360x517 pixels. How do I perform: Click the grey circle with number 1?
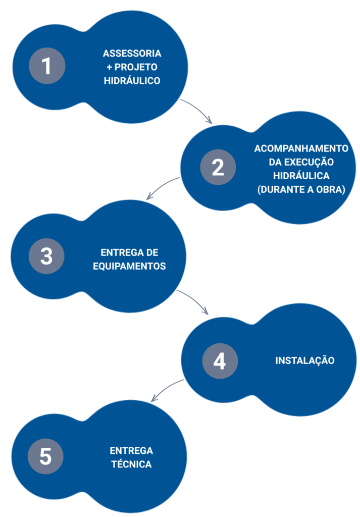point(47,66)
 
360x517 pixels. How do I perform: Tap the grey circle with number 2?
point(218,167)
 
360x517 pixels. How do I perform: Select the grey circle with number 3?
point(46,256)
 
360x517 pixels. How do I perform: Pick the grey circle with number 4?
point(220,360)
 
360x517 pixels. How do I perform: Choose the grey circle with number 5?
point(45,456)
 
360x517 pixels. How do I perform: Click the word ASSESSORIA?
point(132,54)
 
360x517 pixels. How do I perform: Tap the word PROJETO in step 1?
point(136,67)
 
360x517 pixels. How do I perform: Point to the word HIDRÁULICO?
point(132,80)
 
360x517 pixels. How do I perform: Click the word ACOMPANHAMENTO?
point(301,148)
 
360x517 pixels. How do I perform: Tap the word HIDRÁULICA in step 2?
point(301,175)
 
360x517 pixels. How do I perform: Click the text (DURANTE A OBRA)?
point(301,189)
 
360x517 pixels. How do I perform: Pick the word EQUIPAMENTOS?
point(129,266)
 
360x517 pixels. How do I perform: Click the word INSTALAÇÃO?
point(305,360)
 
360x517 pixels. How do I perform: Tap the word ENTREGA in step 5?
point(131,451)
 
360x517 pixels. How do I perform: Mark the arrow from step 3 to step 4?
point(194,299)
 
